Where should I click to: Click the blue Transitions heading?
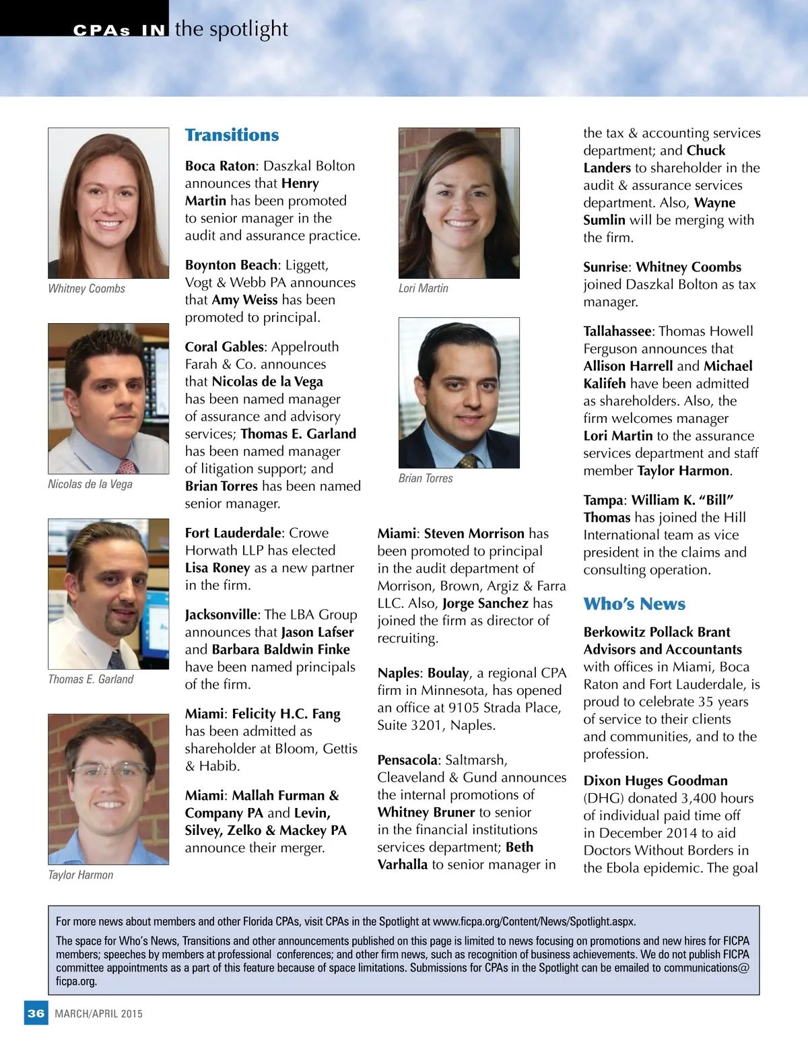232,135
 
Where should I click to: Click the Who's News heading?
634,604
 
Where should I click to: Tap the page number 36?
36,1013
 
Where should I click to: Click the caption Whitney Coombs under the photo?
87,289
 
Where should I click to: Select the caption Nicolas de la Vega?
90,484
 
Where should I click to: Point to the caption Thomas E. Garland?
91,679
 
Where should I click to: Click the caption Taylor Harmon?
81,875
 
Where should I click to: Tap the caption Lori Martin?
424,288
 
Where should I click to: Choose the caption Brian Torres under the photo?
426,478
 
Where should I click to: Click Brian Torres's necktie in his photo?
467,461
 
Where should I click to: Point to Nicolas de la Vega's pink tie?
126,466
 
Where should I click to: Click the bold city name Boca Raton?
220,166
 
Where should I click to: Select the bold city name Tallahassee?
617,331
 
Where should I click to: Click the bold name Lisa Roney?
217,568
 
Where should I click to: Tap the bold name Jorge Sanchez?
485,603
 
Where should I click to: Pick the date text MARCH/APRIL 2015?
99,1014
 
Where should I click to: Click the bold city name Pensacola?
407,760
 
